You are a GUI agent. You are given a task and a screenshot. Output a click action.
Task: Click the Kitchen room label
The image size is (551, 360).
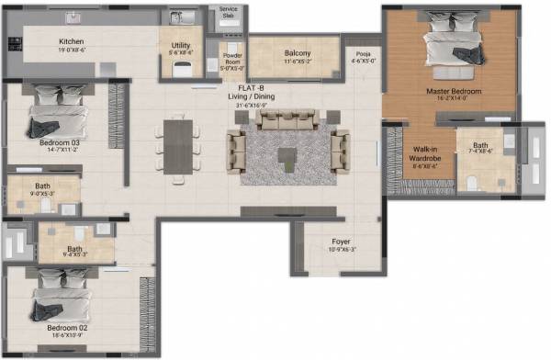click(73, 42)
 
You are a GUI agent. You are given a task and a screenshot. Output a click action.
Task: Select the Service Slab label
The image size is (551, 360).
click(228, 14)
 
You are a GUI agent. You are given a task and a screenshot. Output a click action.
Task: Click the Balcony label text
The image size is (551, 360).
click(297, 53)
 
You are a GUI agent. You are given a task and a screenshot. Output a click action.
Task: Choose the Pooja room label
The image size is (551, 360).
click(364, 54)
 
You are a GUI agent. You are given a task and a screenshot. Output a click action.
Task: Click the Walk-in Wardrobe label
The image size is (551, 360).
click(423, 153)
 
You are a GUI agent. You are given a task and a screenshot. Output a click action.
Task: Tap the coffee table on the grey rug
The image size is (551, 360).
click(287, 153)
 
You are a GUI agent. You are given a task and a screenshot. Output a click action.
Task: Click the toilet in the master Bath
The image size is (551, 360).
click(474, 183)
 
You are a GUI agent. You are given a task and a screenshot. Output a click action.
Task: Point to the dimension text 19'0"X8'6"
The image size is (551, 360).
click(73, 52)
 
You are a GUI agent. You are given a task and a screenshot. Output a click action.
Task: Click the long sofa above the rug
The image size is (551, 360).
click(288, 119)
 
